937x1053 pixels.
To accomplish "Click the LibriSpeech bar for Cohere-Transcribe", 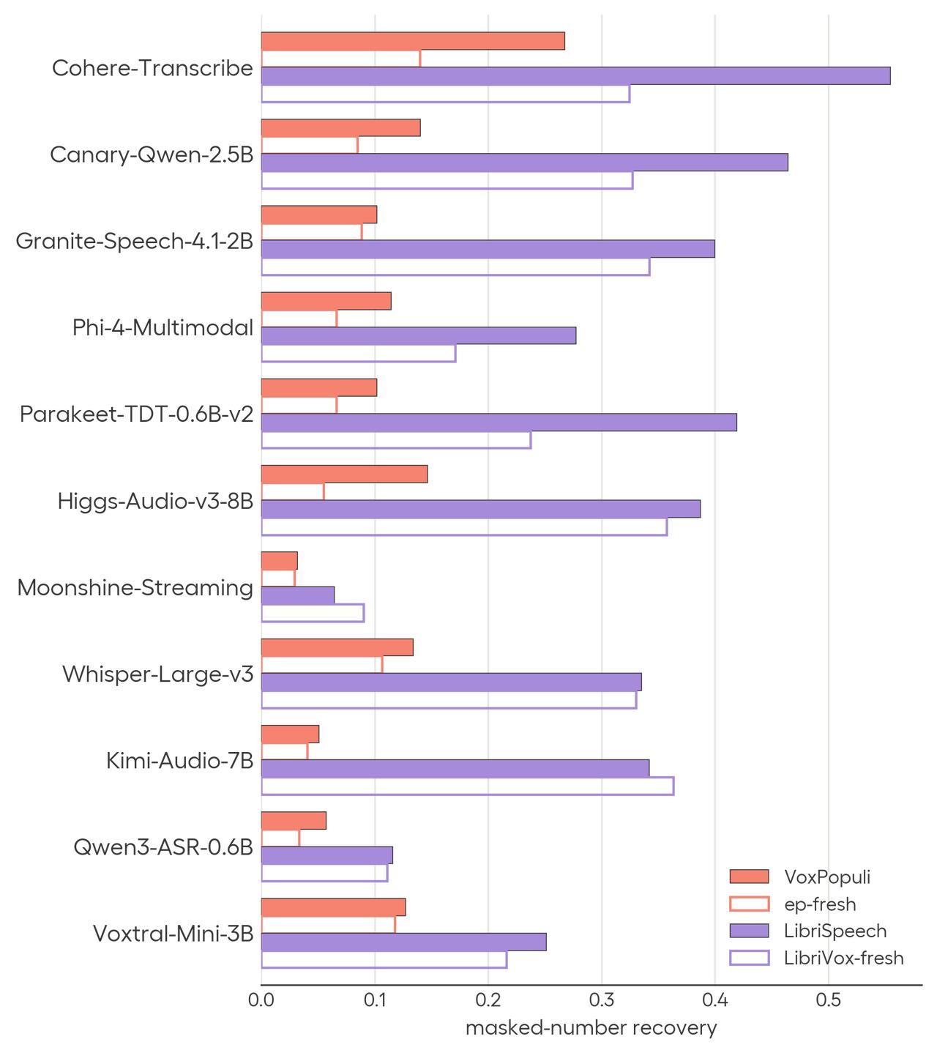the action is [575, 76].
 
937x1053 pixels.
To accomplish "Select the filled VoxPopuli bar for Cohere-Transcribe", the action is [413, 41].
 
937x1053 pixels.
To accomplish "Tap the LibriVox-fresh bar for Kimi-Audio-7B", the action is [467, 786].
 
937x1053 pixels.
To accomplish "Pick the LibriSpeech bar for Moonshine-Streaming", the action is [297, 595].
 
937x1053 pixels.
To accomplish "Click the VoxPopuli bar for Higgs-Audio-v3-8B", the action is [344, 474].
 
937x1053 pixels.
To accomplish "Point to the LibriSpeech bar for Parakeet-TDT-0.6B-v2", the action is [499, 422].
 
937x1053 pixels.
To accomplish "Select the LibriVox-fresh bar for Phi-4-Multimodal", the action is [358, 353].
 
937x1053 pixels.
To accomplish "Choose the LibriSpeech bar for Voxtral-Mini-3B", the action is [403, 942].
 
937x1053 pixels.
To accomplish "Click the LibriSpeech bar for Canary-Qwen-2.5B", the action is [524, 162].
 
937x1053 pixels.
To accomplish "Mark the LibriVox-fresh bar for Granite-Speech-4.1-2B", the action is [455, 267].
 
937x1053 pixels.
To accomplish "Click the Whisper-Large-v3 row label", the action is [157, 674].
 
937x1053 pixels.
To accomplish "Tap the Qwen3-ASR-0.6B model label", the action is [163, 847].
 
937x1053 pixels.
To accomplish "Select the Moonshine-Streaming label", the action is [135, 588].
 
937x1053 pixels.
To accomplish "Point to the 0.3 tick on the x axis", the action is [601, 1000].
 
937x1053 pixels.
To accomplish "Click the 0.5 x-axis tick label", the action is [828, 1000].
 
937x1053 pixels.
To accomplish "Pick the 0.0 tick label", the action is [261, 1000].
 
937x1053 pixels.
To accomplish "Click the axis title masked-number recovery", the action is [591, 1028].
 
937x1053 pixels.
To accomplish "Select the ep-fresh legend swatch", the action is [749, 904].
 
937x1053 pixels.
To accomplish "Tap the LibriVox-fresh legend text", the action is [843, 957].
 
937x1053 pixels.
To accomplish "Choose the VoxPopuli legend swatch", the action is [749, 877].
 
